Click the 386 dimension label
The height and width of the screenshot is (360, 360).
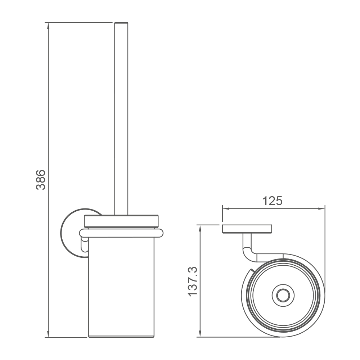(41, 180)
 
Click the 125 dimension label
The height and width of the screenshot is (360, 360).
(272, 201)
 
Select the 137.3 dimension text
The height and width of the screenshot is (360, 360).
(193, 281)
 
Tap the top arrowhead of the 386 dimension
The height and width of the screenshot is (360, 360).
(48, 26)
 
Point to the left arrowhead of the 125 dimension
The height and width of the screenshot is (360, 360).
(226, 208)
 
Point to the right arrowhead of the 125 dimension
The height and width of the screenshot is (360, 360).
(321, 208)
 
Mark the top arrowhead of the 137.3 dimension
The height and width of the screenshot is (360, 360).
(200, 229)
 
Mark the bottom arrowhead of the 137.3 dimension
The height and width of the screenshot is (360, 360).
(200, 334)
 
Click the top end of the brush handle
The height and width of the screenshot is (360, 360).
(121, 23)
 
